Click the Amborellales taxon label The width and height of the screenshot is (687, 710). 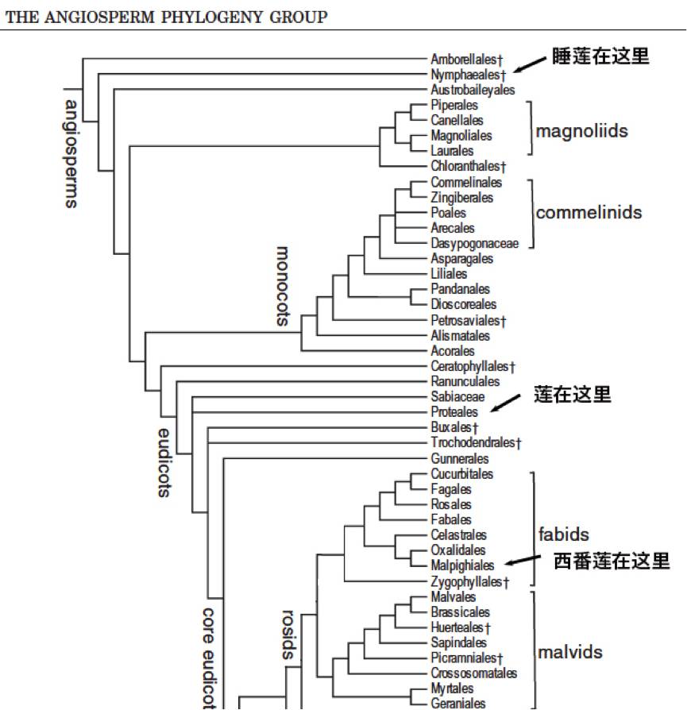point(467,60)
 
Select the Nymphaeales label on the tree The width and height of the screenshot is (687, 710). point(468,75)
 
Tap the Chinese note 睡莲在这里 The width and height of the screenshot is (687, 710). point(601,56)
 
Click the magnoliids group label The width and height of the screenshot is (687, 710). point(581,131)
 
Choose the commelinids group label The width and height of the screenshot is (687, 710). point(589,213)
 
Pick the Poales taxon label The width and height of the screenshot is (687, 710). point(449,213)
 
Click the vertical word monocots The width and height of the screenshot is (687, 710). point(283,286)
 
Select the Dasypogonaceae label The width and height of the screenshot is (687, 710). point(474,244)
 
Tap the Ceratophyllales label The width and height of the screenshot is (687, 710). point(473,366)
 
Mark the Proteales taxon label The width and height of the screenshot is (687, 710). point(454,412)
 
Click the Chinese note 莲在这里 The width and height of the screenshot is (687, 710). point(573,394)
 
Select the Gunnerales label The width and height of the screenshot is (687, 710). point(459,459)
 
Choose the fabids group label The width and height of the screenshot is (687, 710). point(564,535)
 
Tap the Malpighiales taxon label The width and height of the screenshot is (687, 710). point(462,565)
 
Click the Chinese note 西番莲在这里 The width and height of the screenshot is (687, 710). point(612,561)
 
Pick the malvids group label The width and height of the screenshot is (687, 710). point(570,653)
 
